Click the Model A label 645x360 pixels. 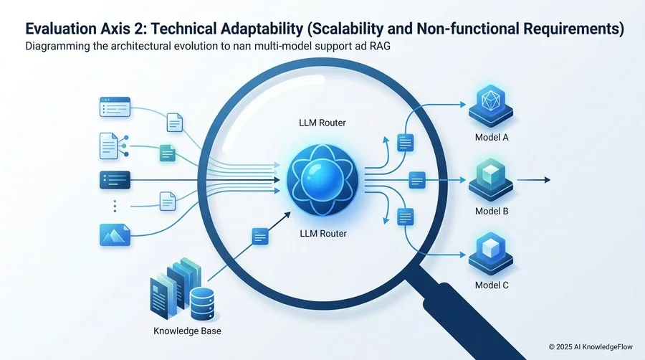492,138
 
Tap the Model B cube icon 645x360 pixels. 491,180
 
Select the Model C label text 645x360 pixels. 492,285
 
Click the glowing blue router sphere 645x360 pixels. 322,180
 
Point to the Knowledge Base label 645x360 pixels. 187,331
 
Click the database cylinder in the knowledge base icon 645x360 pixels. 202,304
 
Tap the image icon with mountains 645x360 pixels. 115,235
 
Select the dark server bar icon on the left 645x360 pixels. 115,180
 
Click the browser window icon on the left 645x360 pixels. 115,107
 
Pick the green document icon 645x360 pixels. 167,153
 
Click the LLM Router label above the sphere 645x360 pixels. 322,123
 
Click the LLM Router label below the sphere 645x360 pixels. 323,234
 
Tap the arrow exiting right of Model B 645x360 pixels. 533,180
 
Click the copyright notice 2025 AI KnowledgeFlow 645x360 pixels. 591,347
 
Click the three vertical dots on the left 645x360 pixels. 115,206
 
